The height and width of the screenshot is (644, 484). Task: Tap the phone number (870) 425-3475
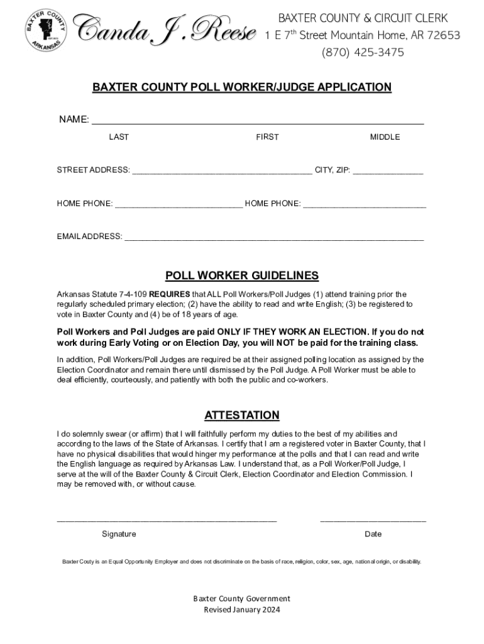point(363,52)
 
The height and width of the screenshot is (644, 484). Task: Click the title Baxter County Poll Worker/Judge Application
point(242,87)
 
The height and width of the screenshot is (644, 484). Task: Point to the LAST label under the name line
point(119,137)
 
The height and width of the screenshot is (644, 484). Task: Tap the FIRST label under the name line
point(267,137)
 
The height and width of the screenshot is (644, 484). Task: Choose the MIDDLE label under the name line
point(385,137)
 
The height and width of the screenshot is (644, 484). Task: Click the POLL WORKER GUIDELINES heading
point(242,275)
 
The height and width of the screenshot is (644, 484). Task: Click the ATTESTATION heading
point(242,415)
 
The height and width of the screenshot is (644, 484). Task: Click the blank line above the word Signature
point(167,520)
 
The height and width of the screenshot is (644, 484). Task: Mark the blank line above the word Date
point(373,520)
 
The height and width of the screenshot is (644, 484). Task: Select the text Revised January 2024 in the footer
point(242,609)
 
